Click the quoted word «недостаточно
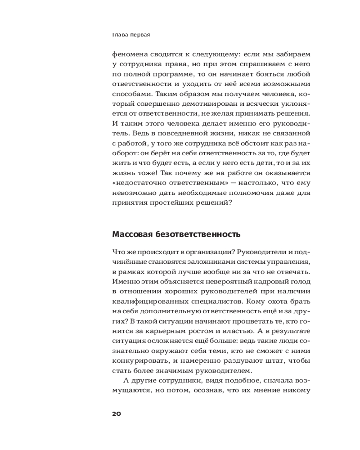click(x=137, y=183)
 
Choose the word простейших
click(x=179, y=202)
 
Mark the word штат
click(x=278, y=360)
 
